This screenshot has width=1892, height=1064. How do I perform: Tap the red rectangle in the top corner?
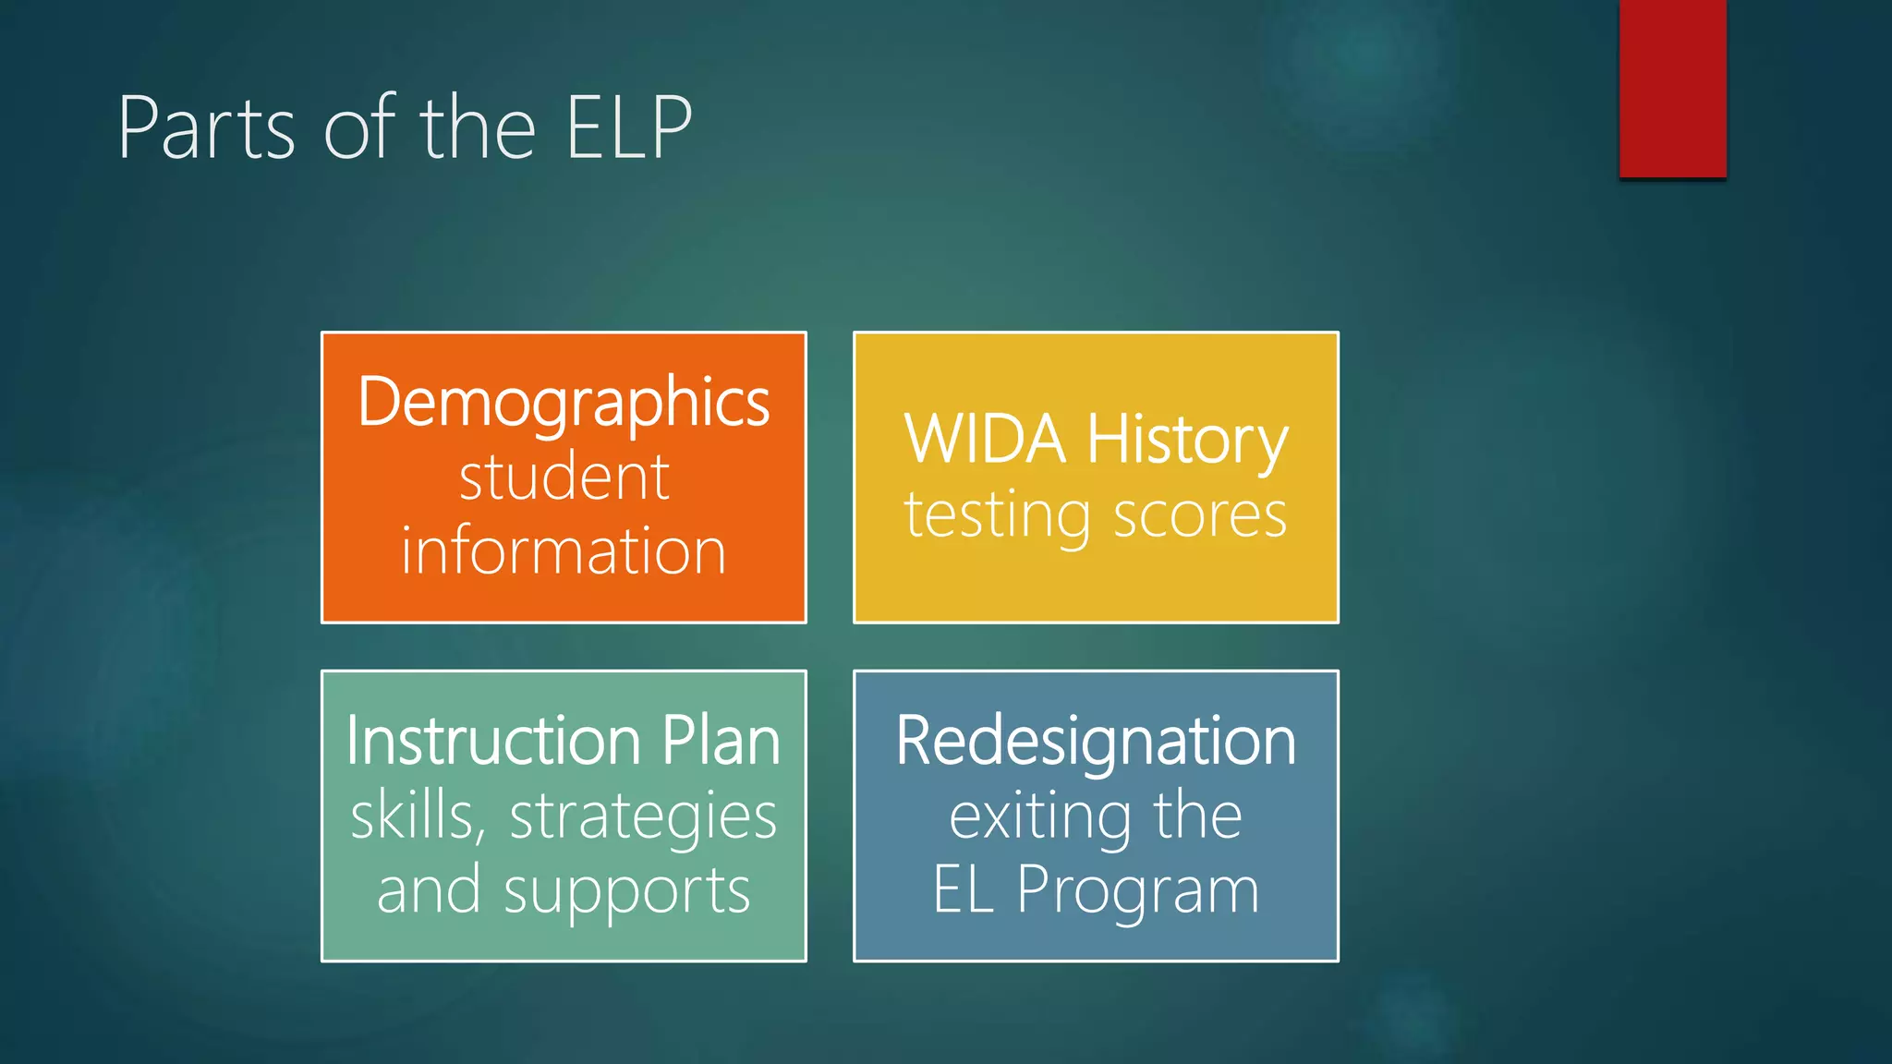pos(1672,88)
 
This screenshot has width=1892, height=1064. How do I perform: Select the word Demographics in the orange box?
pos(564,403)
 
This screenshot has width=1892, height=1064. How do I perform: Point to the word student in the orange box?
pos(564,478)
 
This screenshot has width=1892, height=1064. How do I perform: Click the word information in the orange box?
pos(564,551)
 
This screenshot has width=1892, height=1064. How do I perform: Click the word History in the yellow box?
pos(1187,441)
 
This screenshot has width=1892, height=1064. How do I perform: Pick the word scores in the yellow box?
pos(1200,515)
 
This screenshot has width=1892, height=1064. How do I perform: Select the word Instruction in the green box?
pos(493,741)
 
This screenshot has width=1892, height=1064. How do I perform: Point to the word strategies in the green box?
pos(643,817)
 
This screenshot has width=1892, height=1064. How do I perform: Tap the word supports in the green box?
pos(626,892)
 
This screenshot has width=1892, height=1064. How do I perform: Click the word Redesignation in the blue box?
pos(1096,741)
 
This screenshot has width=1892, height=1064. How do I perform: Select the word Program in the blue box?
pos(1137,892)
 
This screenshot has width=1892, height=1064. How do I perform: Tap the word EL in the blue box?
pos(964,890)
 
